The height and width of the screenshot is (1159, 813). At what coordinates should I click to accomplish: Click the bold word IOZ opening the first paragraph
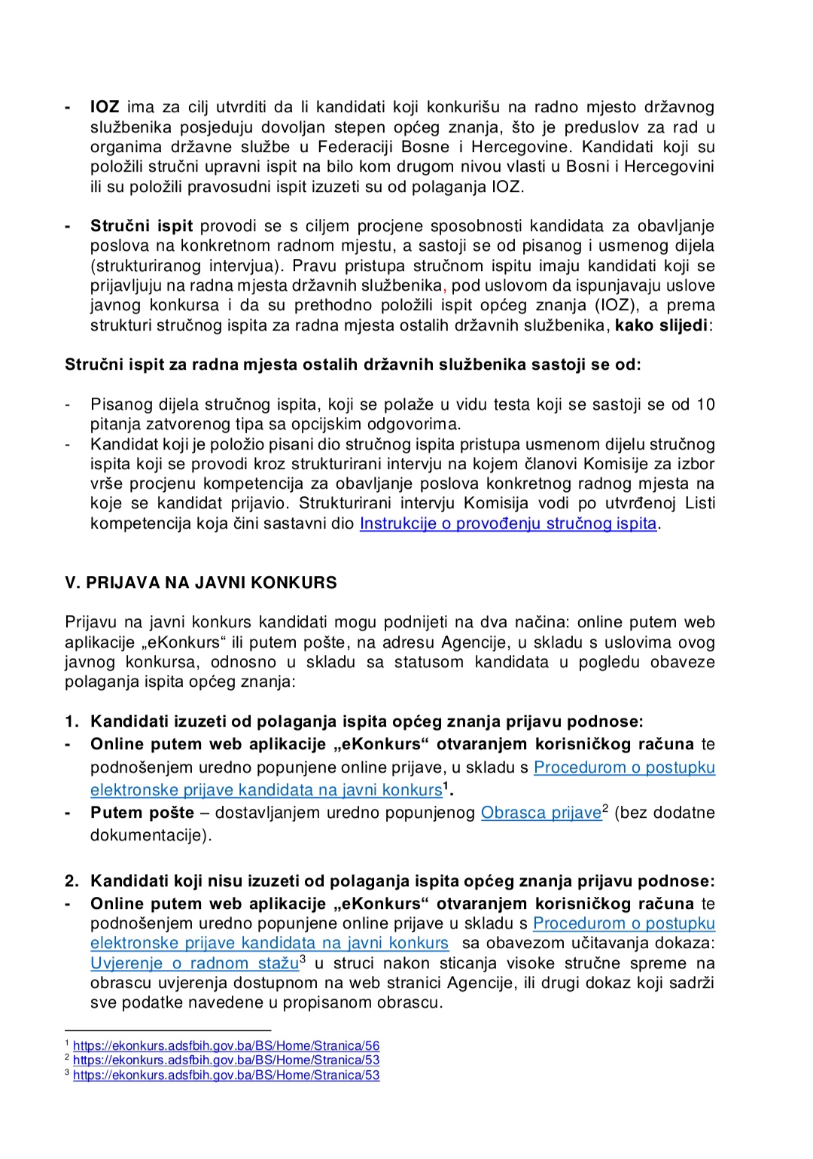[x=105, y=108]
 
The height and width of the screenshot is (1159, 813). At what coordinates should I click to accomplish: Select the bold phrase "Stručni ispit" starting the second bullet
[x=142, y=226]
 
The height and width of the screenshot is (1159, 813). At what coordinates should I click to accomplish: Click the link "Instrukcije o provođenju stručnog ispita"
[x=508, y=523]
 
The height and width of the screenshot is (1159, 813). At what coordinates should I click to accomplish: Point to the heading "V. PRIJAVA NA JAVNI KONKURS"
[x=201, y=583]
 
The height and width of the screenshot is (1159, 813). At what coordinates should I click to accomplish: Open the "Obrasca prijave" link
[x=540, y=813]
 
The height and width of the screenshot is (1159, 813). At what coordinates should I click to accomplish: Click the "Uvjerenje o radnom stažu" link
[x=194, y=963]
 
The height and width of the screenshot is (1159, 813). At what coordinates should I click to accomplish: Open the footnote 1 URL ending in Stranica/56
[x=226, y=1046]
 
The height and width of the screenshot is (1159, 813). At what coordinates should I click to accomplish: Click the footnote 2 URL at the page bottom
[x=226, y=1060]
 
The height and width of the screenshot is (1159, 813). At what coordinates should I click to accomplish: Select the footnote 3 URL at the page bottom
[x=226, y=1075]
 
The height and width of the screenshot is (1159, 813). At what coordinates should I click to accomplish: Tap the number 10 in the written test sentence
[x=705, y=404]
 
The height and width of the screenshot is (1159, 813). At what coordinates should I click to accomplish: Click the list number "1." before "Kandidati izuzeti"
[x=72, y=721]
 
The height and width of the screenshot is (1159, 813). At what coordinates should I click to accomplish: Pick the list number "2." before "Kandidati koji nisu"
[x=72, y=881]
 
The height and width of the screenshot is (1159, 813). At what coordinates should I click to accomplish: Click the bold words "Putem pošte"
[x=142, y=813]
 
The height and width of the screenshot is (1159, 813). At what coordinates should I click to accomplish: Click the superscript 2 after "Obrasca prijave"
[x=605, y=809]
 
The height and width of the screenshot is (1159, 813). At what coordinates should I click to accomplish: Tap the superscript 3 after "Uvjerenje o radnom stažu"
[x=303, y=959]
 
